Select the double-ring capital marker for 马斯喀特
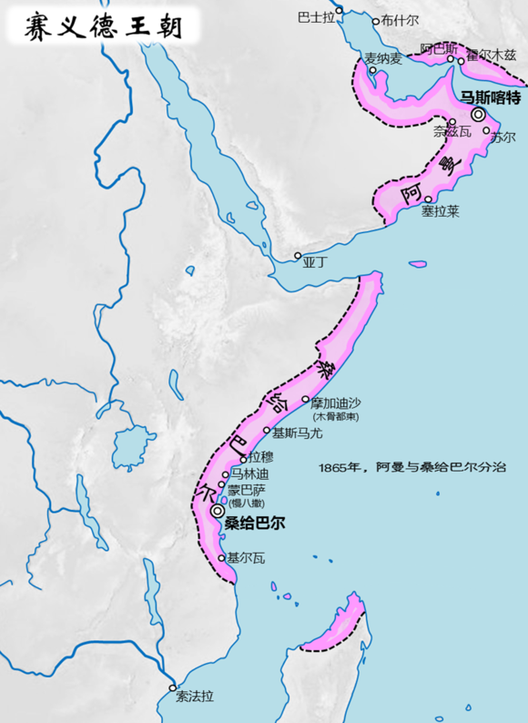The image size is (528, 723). (479, 115)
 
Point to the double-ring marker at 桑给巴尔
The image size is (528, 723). (217, 513)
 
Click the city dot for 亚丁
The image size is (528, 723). (298, 255)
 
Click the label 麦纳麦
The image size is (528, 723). (383, 58)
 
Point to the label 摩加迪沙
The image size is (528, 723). (337, 401)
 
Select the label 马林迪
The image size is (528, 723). (250, 474)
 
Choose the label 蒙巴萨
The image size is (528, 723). (246, 488)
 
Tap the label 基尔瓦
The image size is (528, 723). (246, 557)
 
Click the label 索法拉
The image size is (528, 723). (196, 697)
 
